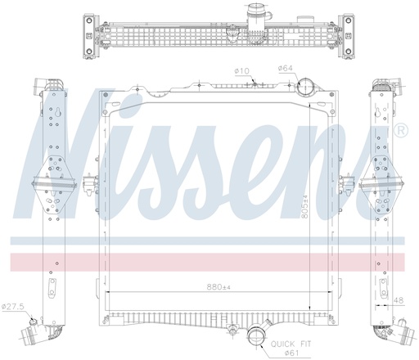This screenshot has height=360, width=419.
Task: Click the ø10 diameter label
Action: click(x=241, y=72)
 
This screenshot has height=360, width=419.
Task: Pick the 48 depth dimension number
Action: click(x=399, y=299)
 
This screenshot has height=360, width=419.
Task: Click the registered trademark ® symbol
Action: click(x=401, y=131)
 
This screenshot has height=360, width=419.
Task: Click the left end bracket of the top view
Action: click(x=88, y=37)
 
